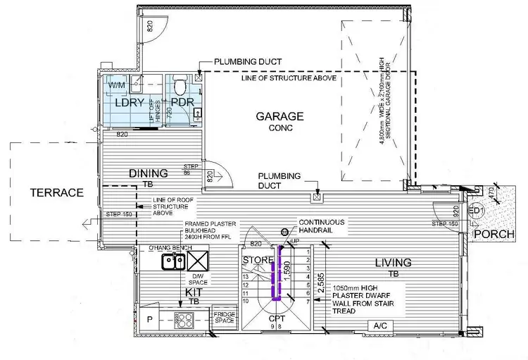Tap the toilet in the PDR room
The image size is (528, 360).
[182, 87]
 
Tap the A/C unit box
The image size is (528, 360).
[381, 325]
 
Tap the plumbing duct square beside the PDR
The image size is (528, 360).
[199, 77]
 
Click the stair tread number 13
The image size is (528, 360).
[245, 278]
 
